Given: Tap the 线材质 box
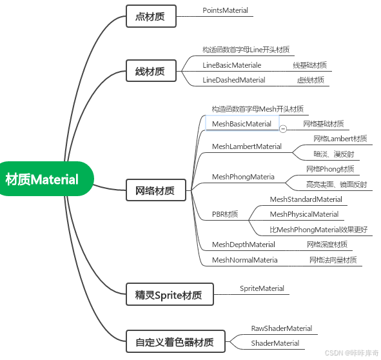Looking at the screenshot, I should coord(150,71).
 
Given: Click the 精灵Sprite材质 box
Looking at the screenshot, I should coord(168,295).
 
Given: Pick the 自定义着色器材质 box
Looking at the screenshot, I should coord(175,341).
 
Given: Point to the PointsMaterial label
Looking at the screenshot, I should coord(225,11).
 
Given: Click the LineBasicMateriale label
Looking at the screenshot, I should coord(231,65).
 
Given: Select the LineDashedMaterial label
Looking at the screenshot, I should coord(234,80).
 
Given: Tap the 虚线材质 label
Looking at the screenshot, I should coord(310,80).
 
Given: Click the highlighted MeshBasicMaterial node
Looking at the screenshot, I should coord(242,123).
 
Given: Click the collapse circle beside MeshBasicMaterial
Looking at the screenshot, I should coord(283,128).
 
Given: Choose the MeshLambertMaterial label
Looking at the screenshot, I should coord(247,146).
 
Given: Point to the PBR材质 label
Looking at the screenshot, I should coord(225,214).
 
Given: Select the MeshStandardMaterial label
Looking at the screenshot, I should coord(306,199).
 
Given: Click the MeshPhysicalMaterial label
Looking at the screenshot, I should coord(304,214).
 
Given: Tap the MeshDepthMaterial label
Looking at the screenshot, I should coord(244,245).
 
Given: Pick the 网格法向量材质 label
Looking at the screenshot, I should coord(332,260).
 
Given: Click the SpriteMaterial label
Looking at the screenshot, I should coord(262,288).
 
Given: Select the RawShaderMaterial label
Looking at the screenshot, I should coord(282,328).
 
